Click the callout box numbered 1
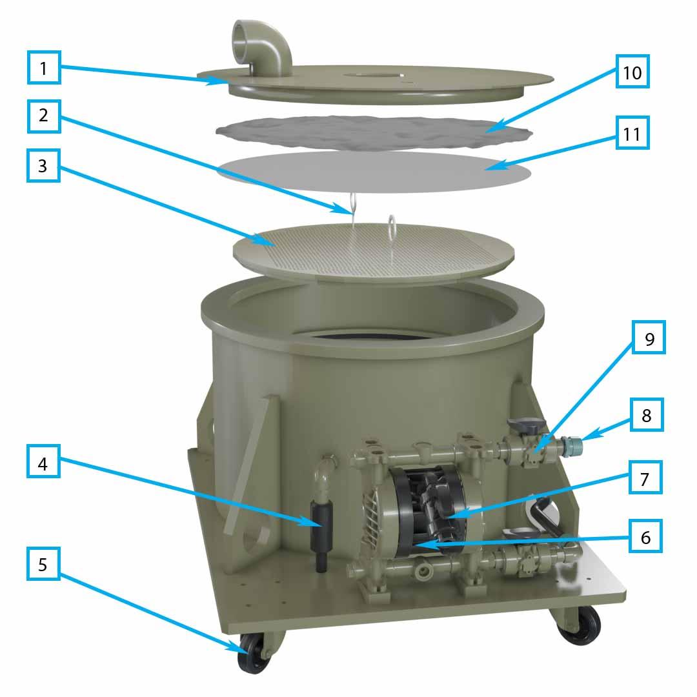coord(44,68)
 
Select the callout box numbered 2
coord(44,117)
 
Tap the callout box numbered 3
coord(44,165)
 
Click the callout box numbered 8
coord(645,416)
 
